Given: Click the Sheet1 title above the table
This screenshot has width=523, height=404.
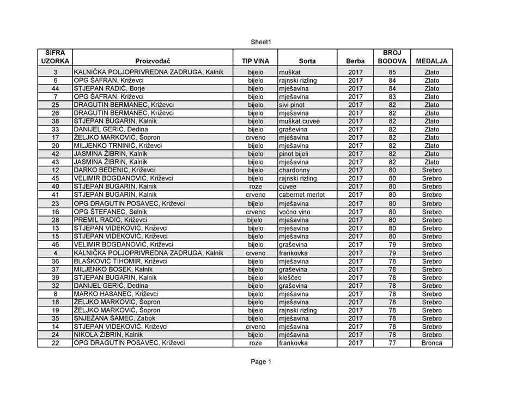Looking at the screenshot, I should click(x=261, y=42).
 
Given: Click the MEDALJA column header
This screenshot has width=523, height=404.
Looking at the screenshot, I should click(x=431, y=61).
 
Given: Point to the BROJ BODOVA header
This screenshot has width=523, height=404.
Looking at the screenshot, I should click(x=392, y=57).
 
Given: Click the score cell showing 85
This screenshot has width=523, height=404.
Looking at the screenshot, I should click(x=392, y=72).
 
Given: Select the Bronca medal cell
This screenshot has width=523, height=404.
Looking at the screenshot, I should click(x=431, y=343).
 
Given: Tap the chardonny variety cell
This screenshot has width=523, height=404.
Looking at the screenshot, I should click(x=295, y=170).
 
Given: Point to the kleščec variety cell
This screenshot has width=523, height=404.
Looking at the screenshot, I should click(x=290, y=278).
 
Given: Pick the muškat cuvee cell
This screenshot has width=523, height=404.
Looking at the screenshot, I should click(x=299, y=121).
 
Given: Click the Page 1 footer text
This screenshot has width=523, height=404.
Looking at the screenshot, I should click(x=261, y=361).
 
